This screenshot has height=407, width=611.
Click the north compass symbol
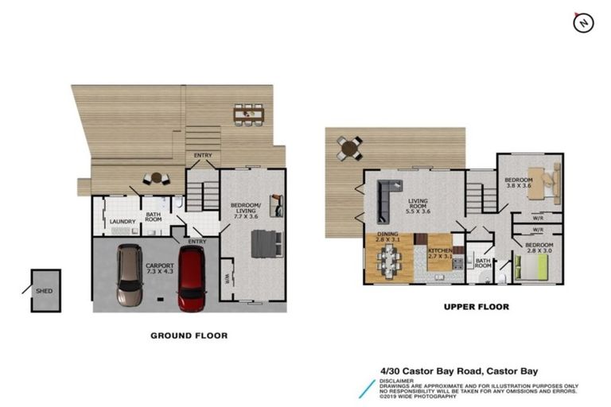pos(583,23)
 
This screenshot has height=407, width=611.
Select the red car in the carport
pos(191,277)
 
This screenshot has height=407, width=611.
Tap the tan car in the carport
pos(129,275)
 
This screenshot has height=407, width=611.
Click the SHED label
pos(44,291)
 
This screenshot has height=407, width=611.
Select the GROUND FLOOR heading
pos(189,335)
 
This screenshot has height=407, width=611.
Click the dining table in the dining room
pos(390,260)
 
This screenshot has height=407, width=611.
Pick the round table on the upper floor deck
pos(348,147)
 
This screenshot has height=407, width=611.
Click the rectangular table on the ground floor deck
pos(248,114)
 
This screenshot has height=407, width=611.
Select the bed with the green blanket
pos(534,266)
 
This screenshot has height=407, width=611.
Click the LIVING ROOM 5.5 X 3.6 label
pos(418,206)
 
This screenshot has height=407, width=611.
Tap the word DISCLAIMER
pos(398,380)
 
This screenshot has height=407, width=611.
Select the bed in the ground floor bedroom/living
pos(265,242)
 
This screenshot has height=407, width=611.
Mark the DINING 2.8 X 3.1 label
pos(389,236)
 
